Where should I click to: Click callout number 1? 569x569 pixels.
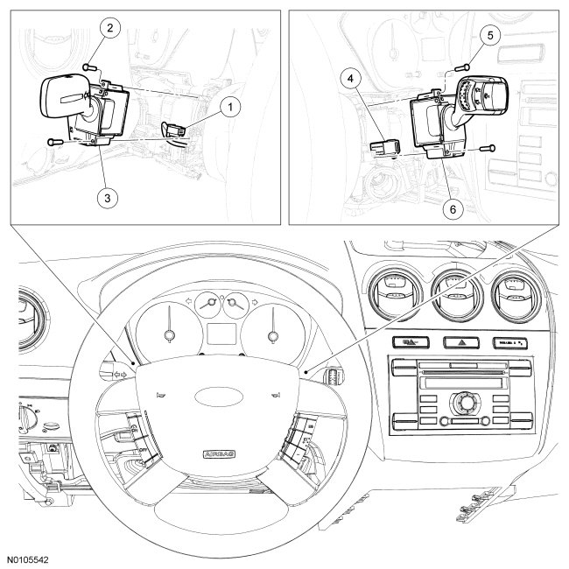coord(229,109)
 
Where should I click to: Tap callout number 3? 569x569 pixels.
coord(107,198)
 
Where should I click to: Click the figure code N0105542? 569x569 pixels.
coord(30,558)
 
